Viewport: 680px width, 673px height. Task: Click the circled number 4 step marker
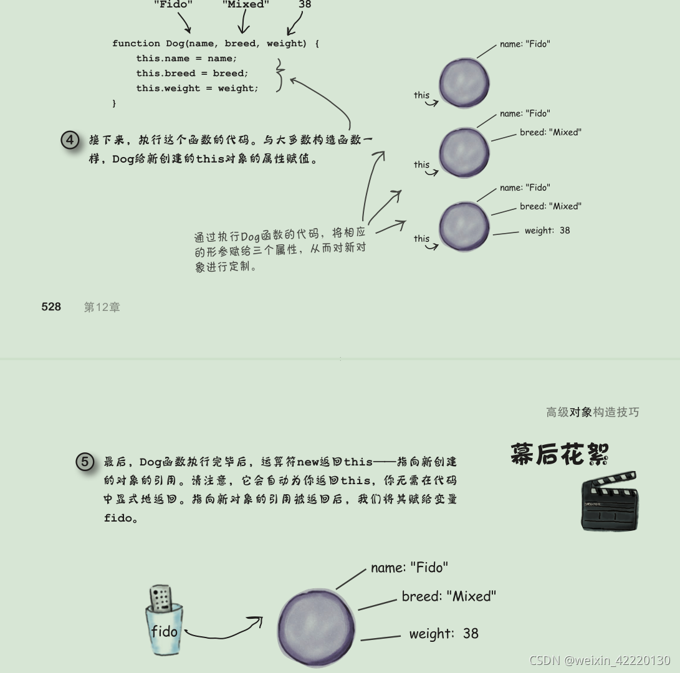coord(70,140)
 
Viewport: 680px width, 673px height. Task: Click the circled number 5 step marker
coord(85,462)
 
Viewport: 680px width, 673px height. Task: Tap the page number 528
coord(51,307)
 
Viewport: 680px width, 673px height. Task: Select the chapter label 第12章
coord(102,307)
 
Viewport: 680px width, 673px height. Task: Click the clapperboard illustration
coord(609,502)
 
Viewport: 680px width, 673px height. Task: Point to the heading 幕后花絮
coord(559,454)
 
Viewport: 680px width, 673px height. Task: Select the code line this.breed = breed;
coord(192,74)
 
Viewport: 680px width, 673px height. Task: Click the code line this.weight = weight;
coord(197,88)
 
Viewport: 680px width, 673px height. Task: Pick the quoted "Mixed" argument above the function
coord(246,4)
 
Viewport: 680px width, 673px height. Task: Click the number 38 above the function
coord(305,4)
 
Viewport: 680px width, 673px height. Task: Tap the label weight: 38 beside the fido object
coord(444,634)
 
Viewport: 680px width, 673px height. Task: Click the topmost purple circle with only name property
coord(464,82)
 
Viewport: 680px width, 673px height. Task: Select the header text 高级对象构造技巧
coord(592,412)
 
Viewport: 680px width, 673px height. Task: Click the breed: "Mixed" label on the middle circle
coord(550,132)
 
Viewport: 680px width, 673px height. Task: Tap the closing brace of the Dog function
coord(114,103)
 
